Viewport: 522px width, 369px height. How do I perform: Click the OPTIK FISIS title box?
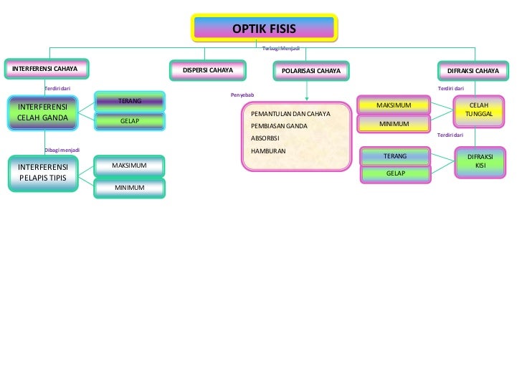point(264,29)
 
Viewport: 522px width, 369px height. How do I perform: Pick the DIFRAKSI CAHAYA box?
point(473,71)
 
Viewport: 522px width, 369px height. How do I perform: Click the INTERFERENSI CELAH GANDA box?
point(42,112)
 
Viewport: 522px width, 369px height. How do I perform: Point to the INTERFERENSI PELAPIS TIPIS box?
point(42,173)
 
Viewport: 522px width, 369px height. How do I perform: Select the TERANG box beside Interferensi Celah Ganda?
point(130,102)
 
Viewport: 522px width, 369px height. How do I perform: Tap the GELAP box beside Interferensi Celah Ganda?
point(130,121)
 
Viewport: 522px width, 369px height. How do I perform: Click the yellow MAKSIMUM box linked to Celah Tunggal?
point(394,105)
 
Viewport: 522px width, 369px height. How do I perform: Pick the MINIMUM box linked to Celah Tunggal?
point(394,124)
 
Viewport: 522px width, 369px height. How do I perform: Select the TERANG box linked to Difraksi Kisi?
point(395,155)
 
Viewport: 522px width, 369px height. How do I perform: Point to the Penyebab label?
point(242,95)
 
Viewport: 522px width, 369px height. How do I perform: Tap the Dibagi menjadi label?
point(62,150)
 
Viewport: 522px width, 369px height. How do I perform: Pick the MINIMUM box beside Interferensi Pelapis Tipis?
point(130,188)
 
